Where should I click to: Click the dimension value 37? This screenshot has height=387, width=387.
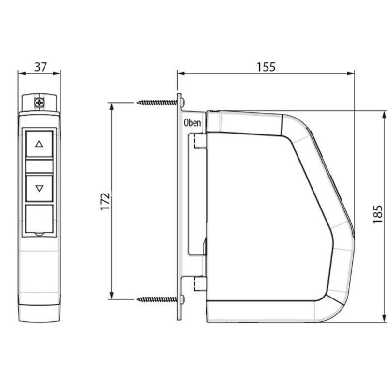(x=41, y=67)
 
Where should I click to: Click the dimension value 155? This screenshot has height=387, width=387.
(x=266, y=67)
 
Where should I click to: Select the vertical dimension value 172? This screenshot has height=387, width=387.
(x=105, y=201)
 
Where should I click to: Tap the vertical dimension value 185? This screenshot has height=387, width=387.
(x=378, y=214)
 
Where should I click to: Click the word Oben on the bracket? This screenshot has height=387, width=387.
(x=192, y=123)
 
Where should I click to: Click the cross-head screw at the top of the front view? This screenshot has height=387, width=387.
(x=39, y=102)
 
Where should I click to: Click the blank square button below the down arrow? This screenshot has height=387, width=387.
(x=39, y=219)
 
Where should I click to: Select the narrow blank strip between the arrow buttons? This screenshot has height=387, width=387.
(x=39, y=166)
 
